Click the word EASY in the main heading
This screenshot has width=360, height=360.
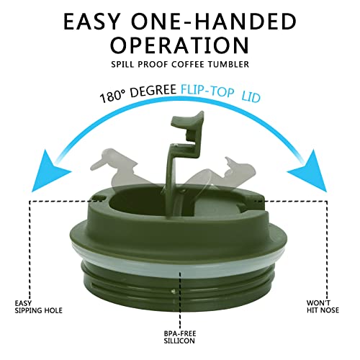pyautogui.click(x=91, y=22)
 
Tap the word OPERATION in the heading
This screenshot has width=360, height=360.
pyautogui.click(x=179, y=45)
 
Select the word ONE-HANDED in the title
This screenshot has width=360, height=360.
pyautogui.click(x=214, y=22)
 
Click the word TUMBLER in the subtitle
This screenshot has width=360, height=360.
pyautogui.click(x=228, y=64)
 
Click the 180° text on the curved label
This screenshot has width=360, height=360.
pyautogui.click(x=112, y=96)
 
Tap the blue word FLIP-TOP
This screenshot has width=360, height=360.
pyautogui.click(x=207, y=91)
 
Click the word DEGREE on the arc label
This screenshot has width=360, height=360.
pyautogui.click(x=153, y=91)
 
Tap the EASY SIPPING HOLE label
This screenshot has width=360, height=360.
pyautogui.click(x=38, y=307)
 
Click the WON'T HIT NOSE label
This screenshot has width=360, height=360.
pyautogui.click(x=323, y=307)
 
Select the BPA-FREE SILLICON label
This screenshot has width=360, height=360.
pyautogui.click(x=179, y=337)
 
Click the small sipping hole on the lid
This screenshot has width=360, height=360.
pyautogui.click(x=99, y=197)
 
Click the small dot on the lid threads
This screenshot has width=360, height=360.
pyautogui.click(x=173, y=291)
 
